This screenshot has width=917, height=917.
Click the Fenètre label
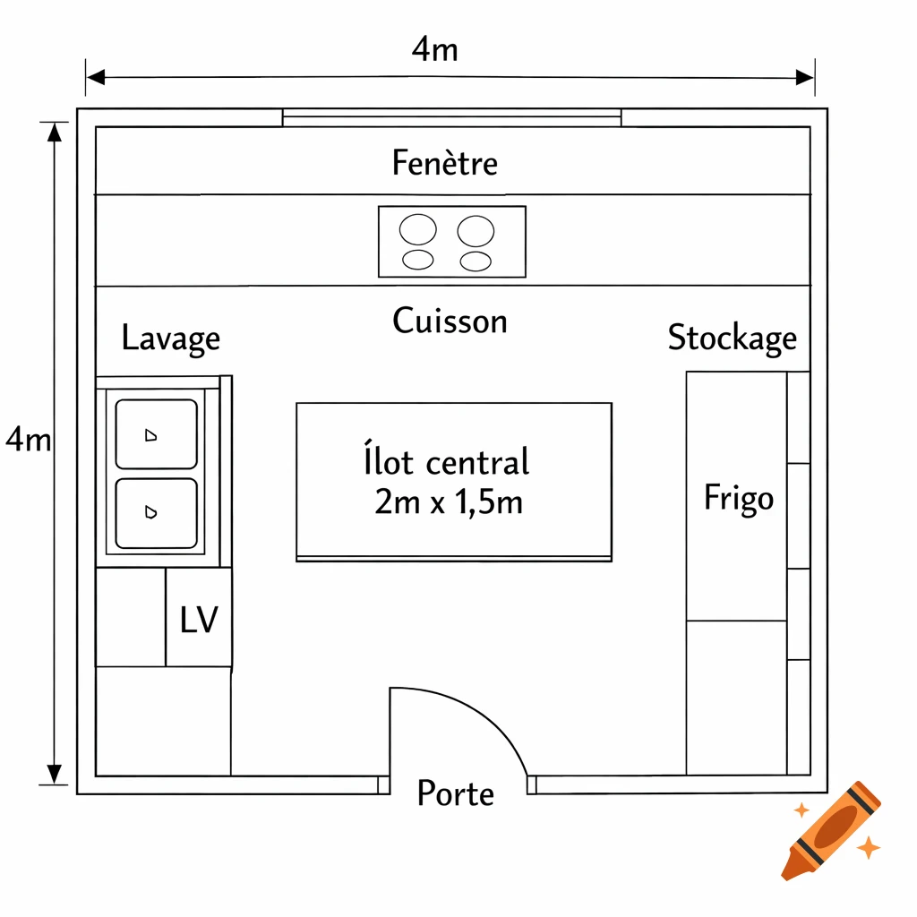coord(444,163)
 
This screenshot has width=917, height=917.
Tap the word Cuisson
coord(450,321)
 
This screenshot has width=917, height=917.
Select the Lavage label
coord(170,339)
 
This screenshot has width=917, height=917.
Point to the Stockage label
coord(732,338)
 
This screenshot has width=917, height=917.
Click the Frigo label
coord(738,498)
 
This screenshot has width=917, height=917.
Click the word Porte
coord(455,793)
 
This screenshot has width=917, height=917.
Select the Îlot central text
coord(447,463)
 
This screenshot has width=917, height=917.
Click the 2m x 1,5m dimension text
coord(449,502)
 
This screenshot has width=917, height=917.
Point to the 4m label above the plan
coord(434,50)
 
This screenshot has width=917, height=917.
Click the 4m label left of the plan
coord(27,440)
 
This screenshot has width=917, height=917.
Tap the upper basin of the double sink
coord(156,434)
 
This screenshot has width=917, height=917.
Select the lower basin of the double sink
coord(156,512)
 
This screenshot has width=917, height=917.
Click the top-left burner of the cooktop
coord(418,230)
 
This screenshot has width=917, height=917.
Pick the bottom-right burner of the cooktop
coord(476,261)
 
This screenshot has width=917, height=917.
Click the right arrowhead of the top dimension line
coord(805,78)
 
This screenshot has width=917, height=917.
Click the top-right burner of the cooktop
coord(476,231)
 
